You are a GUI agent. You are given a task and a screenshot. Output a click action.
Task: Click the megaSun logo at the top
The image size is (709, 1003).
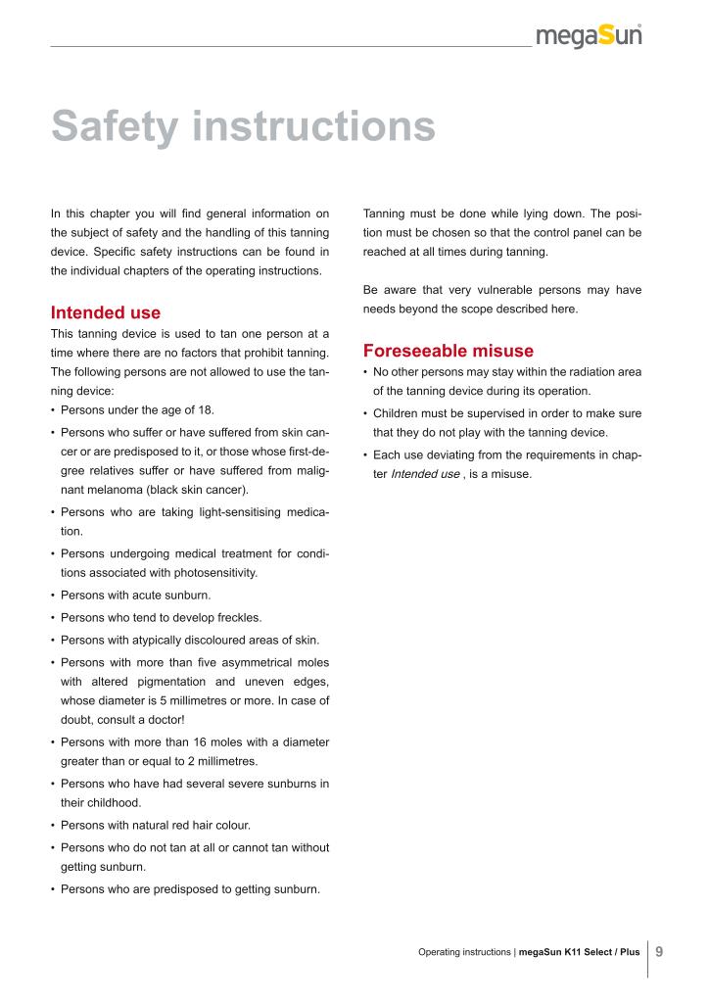click(x=589, y=36)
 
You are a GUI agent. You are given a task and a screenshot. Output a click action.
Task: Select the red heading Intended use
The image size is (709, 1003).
click(x=105, y=312)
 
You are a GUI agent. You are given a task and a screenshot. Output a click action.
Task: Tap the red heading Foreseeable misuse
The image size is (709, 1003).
click(x=448, y=350)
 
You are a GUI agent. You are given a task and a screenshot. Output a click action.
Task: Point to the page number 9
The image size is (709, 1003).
click(x=659, y=951)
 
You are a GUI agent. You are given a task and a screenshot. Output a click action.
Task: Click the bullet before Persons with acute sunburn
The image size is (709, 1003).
click(x=53, y=596)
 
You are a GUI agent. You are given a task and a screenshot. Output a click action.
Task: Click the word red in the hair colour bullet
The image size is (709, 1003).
click(x=180, y=825)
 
